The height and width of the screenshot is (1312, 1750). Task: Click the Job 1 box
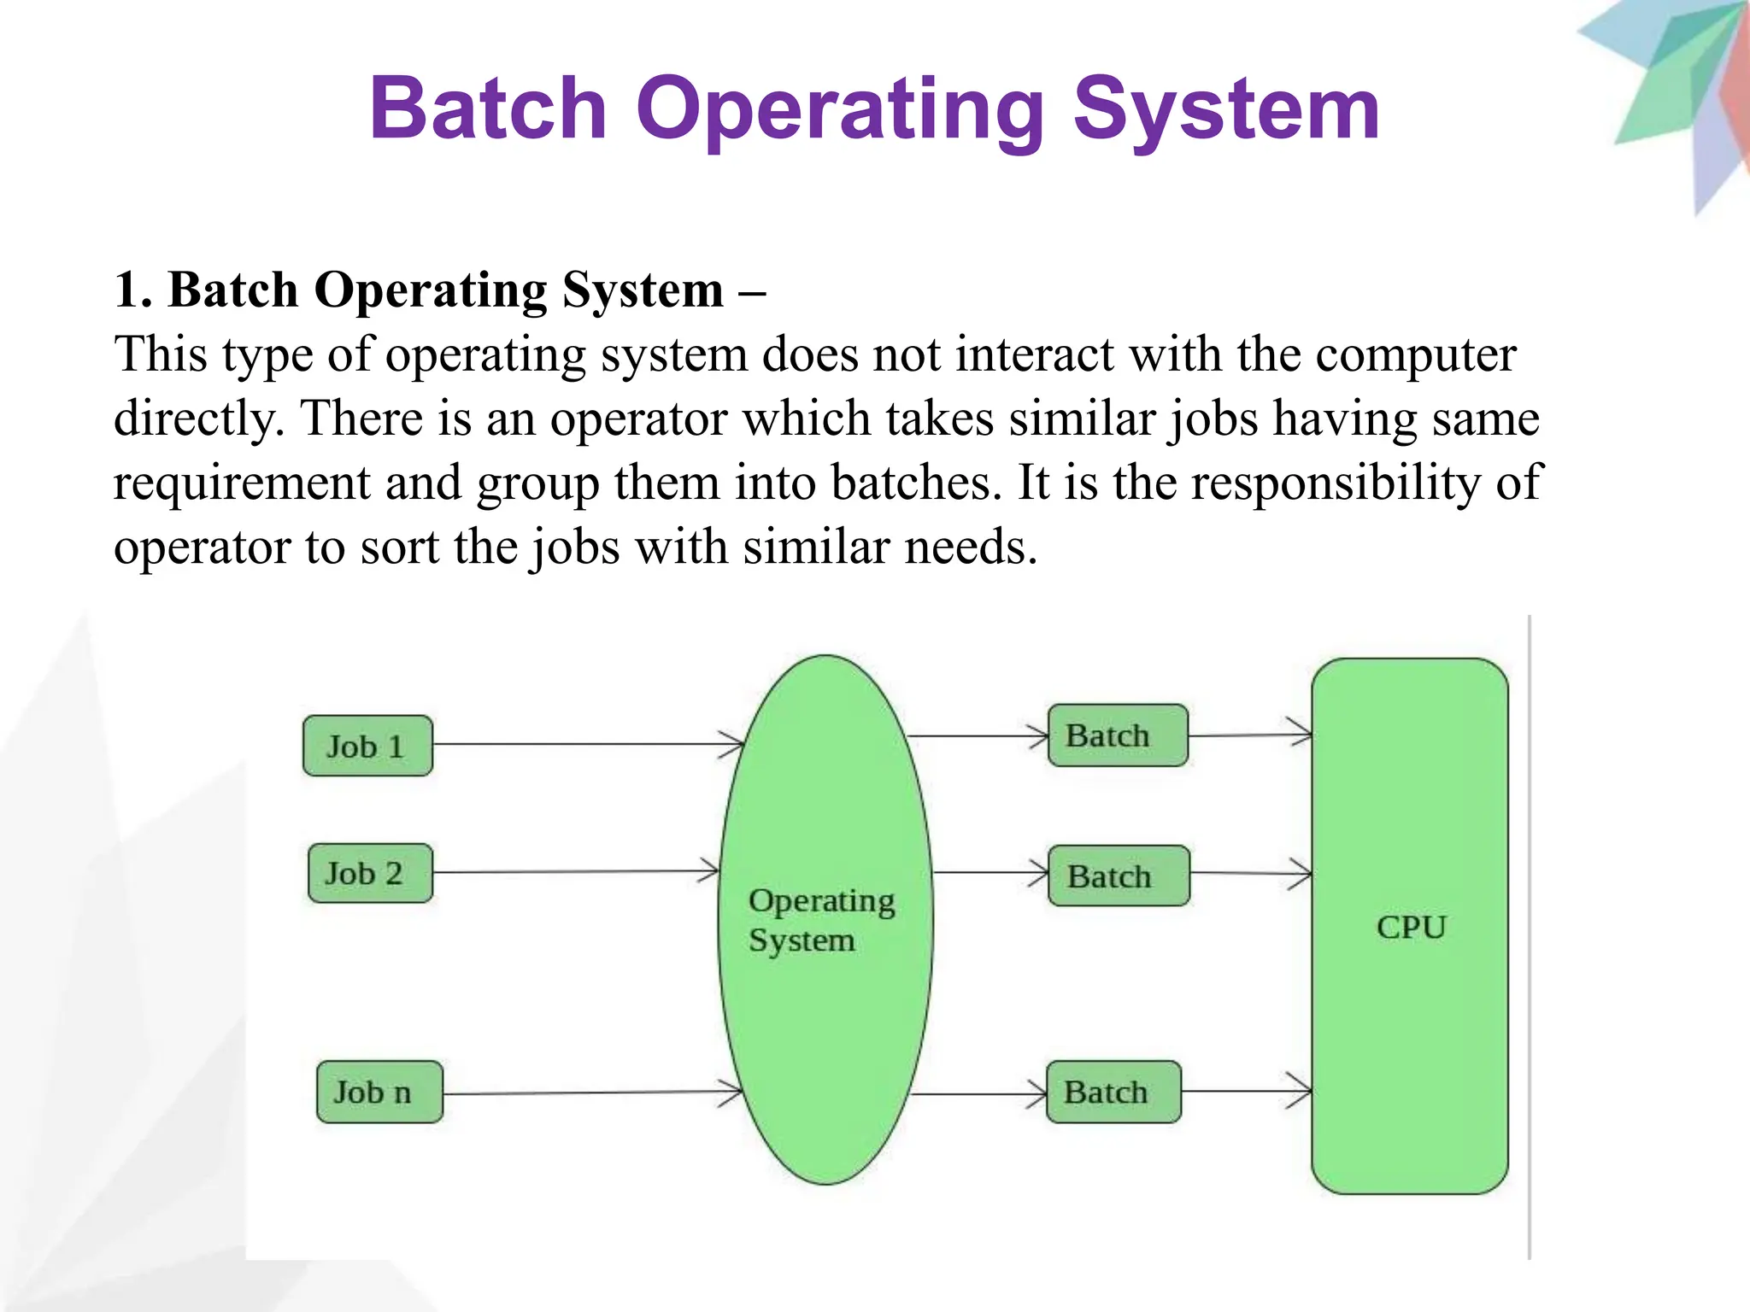(367, 746)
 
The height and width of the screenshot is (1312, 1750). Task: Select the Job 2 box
(370, 873)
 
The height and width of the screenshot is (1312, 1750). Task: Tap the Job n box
(379, 1092)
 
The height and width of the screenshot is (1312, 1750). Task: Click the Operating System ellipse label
(821, 920)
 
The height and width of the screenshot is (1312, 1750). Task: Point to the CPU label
(1411, 927)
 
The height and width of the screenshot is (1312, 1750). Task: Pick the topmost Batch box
(1118, 735)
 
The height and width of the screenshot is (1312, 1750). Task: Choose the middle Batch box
(1119, 876)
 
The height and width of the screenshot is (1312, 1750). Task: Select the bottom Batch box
(1113, 1092)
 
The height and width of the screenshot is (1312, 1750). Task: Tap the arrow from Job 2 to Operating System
(576, 872)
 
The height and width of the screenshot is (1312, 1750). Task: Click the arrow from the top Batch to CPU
(1249, 735)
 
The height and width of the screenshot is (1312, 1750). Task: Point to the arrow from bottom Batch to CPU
(1246, 1091)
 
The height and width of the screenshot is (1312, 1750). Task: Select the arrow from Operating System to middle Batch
(990, 873)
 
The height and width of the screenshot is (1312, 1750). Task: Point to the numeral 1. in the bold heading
(133, 290)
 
